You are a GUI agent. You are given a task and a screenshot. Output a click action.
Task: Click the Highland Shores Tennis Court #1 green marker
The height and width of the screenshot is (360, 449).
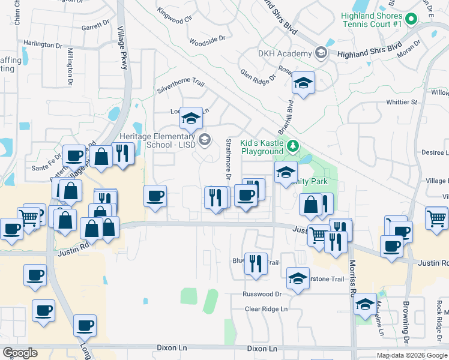tap(411, 19)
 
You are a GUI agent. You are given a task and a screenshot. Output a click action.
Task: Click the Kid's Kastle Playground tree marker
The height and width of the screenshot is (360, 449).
tap(292, 146)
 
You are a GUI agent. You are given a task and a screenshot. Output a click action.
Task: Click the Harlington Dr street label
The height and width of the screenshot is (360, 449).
tap(43, 44)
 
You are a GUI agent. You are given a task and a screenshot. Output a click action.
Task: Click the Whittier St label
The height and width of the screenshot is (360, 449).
tap(401, 103)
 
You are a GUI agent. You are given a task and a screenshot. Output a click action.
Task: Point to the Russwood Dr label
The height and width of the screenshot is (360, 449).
tap(262, 294)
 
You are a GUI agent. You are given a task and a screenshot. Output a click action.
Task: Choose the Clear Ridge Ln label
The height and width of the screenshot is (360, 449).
tap(266, 309)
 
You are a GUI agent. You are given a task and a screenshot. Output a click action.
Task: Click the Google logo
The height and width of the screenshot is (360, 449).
tap(20, 353)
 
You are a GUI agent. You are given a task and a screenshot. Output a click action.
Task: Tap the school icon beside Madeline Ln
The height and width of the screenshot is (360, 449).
tap(365, 304)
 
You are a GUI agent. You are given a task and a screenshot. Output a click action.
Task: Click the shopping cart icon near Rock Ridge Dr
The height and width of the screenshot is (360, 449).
tap(436, 217)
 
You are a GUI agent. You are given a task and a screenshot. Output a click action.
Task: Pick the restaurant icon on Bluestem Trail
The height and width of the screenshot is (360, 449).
tap(256, 264)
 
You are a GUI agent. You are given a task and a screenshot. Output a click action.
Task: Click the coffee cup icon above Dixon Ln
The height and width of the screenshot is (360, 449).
tap(85, 325)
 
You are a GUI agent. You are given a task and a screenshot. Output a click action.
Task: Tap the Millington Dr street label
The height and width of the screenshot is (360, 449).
tap(70, 65)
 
